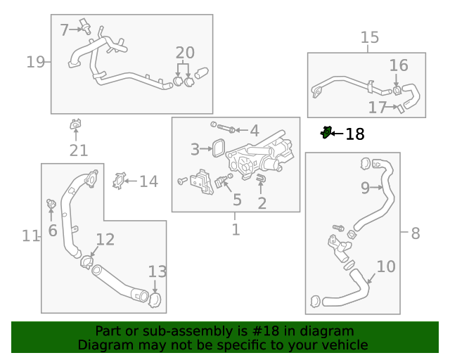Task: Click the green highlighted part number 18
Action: point(326,132)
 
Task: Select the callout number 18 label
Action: point(355,134)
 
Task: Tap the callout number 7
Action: point(64,30)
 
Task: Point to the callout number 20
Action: point(185,53)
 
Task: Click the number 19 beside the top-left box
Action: point(35,62)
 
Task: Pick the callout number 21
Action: point(78,150)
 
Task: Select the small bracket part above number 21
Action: point(75,125)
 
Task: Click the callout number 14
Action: point(148,182)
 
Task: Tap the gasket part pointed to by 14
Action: point(119,181)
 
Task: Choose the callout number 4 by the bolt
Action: point(254,131)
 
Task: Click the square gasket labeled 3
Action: point(217,149)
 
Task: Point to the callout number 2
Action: point(262,204)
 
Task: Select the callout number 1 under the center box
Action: point(236,229)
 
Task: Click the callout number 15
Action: point(370,37)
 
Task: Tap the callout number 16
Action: point(398,66)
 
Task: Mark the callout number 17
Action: point(378,108)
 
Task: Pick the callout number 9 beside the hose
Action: point(365,188)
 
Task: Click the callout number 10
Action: point(386,267)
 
